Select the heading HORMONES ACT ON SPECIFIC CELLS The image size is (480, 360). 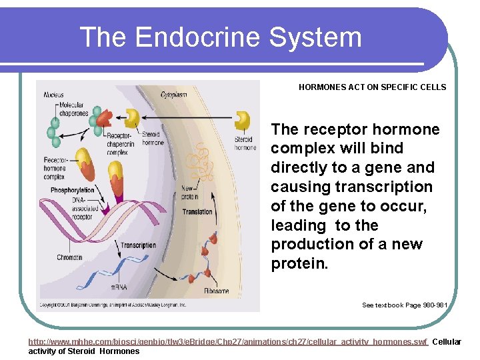click(372, 87)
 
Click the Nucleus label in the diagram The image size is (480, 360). click(54, 95)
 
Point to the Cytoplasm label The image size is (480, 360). click(173, 95)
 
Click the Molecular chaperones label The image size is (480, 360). click(73, 110)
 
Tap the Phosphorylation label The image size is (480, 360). click(72, 190)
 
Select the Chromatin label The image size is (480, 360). click(70, 257)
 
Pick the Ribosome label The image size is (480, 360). click(216, 291)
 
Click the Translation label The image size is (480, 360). click(197, 212)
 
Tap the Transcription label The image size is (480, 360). click(139, 245)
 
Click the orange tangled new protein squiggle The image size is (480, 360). click(199, 163)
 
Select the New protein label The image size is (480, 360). click(189, 193)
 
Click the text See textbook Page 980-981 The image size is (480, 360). click(404, 305)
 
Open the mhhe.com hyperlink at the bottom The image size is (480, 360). click(227, 342)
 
